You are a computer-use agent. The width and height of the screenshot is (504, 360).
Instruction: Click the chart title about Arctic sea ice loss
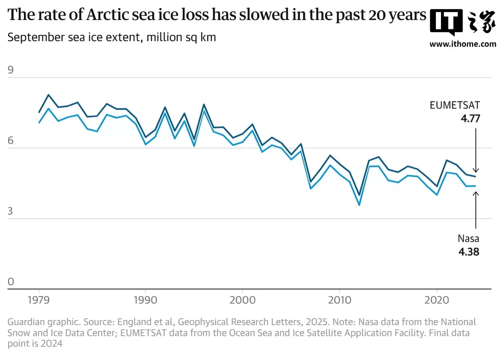pos(217,15)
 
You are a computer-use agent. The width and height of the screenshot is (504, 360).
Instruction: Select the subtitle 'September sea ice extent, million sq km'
pos(112,38)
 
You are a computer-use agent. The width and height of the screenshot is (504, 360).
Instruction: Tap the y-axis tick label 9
pos(11,71)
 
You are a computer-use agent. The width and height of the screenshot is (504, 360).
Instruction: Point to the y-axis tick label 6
pos(11,141)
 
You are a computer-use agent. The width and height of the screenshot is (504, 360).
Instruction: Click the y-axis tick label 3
pos(11,212)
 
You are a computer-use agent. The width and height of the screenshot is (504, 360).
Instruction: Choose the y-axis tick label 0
pos(11,282)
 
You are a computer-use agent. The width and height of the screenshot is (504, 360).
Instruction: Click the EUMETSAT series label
pos(454,105)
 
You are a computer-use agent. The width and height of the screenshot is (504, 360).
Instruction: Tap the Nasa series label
pos(468,238)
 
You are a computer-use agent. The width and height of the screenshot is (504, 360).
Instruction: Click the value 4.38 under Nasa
pos(469,251)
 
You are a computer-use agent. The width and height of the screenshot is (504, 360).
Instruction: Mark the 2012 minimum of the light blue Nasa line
pos(359,205)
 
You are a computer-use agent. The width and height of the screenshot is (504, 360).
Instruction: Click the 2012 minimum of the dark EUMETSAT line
pos(359,195)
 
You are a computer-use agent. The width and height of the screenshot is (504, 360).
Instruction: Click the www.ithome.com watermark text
pos(462,44)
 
